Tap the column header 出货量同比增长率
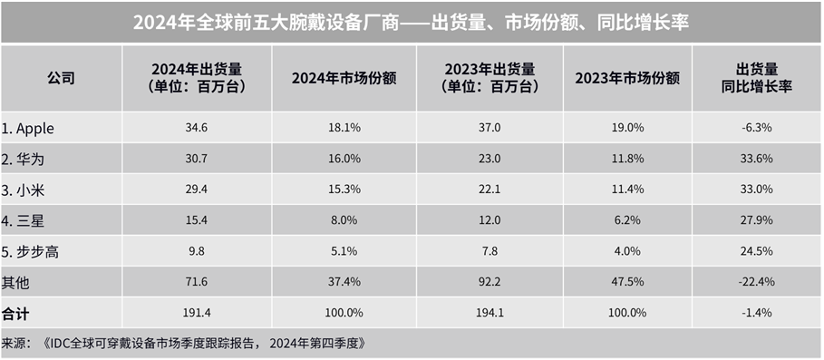click(756, 78)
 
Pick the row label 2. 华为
click(24, 159)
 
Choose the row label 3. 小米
click(24, 190)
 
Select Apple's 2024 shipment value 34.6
click(196, 128)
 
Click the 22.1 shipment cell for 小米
click(490, 190)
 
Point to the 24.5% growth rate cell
click(756, 251)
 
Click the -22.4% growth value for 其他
click(756, 282)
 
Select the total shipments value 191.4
click(196, 312)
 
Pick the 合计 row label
click(15, 312)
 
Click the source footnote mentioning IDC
click(186, 343)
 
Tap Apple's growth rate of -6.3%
click(756, 128)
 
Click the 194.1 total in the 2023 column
click(490, 312)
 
